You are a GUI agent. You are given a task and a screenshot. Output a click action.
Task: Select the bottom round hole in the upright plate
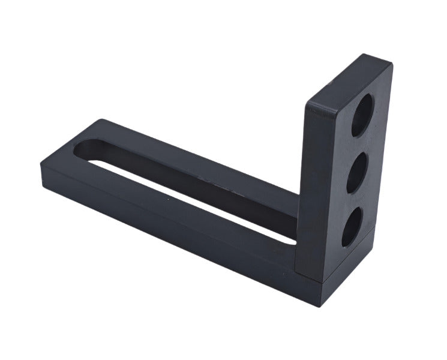coord(352,227)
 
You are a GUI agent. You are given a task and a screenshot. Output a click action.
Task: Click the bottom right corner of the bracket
coord(325,303)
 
